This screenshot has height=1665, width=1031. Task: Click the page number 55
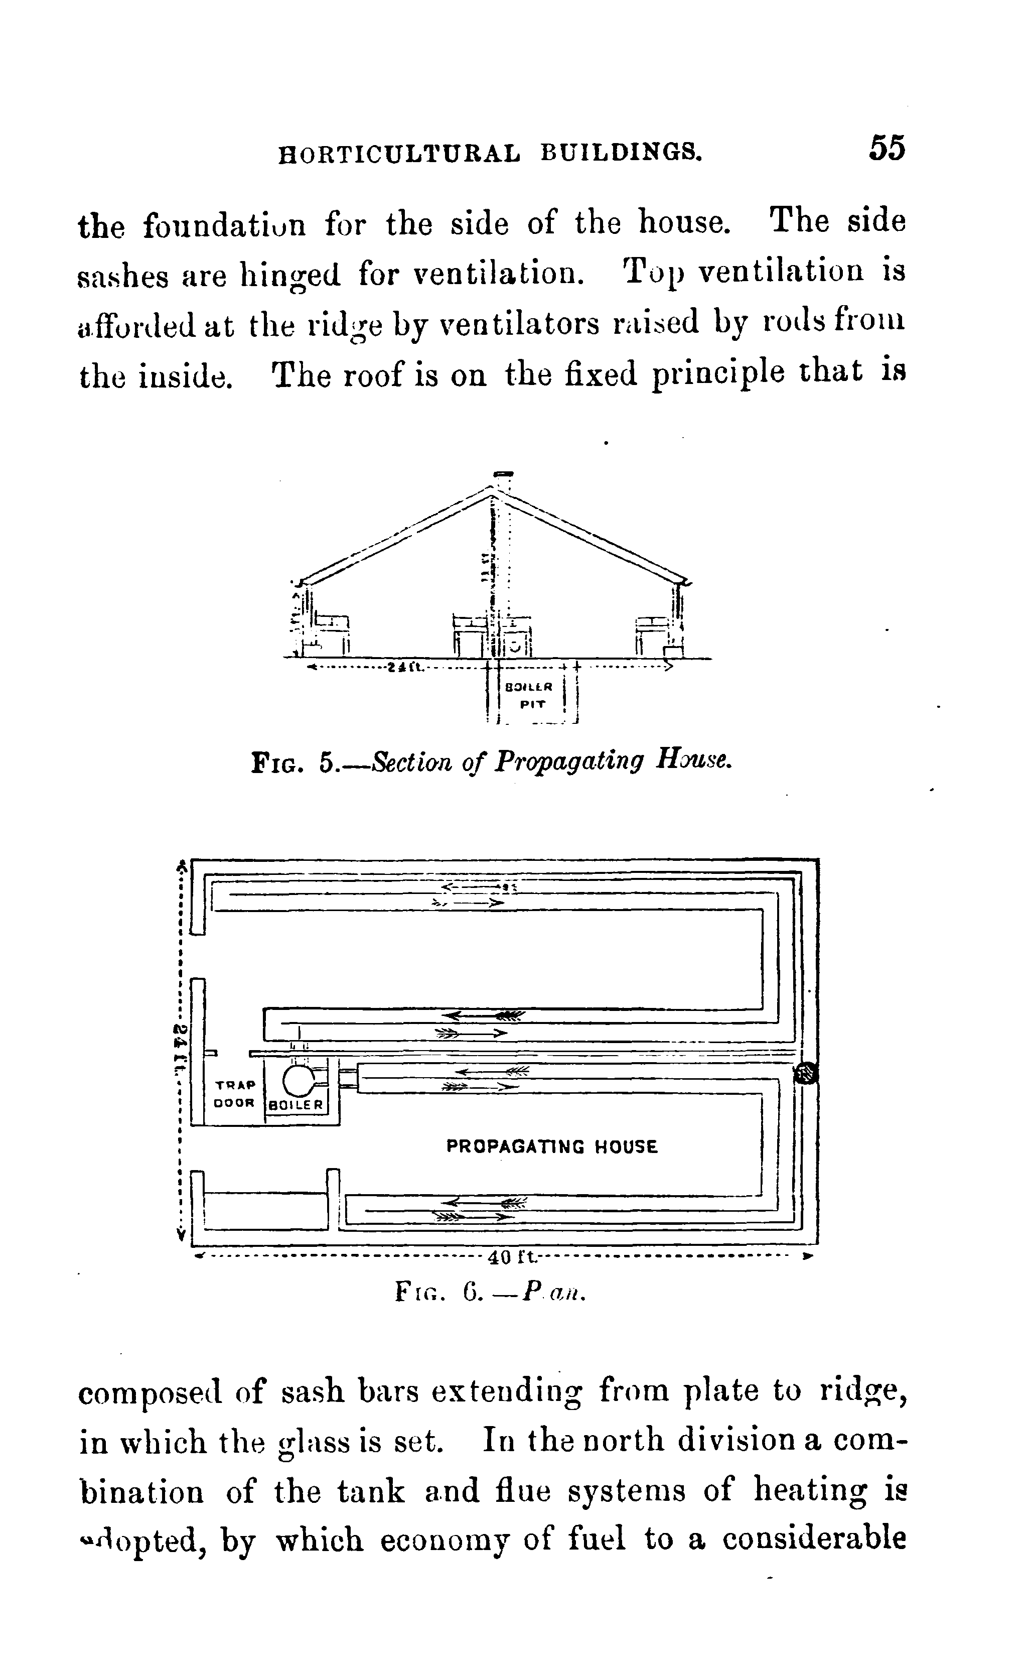pyautogui.click(x=887, y=148)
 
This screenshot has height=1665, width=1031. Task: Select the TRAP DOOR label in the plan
pyautogui.click(x=235, y=1093)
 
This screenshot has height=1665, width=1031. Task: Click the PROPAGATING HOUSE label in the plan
pyautogui.click(x=552, y=1146)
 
